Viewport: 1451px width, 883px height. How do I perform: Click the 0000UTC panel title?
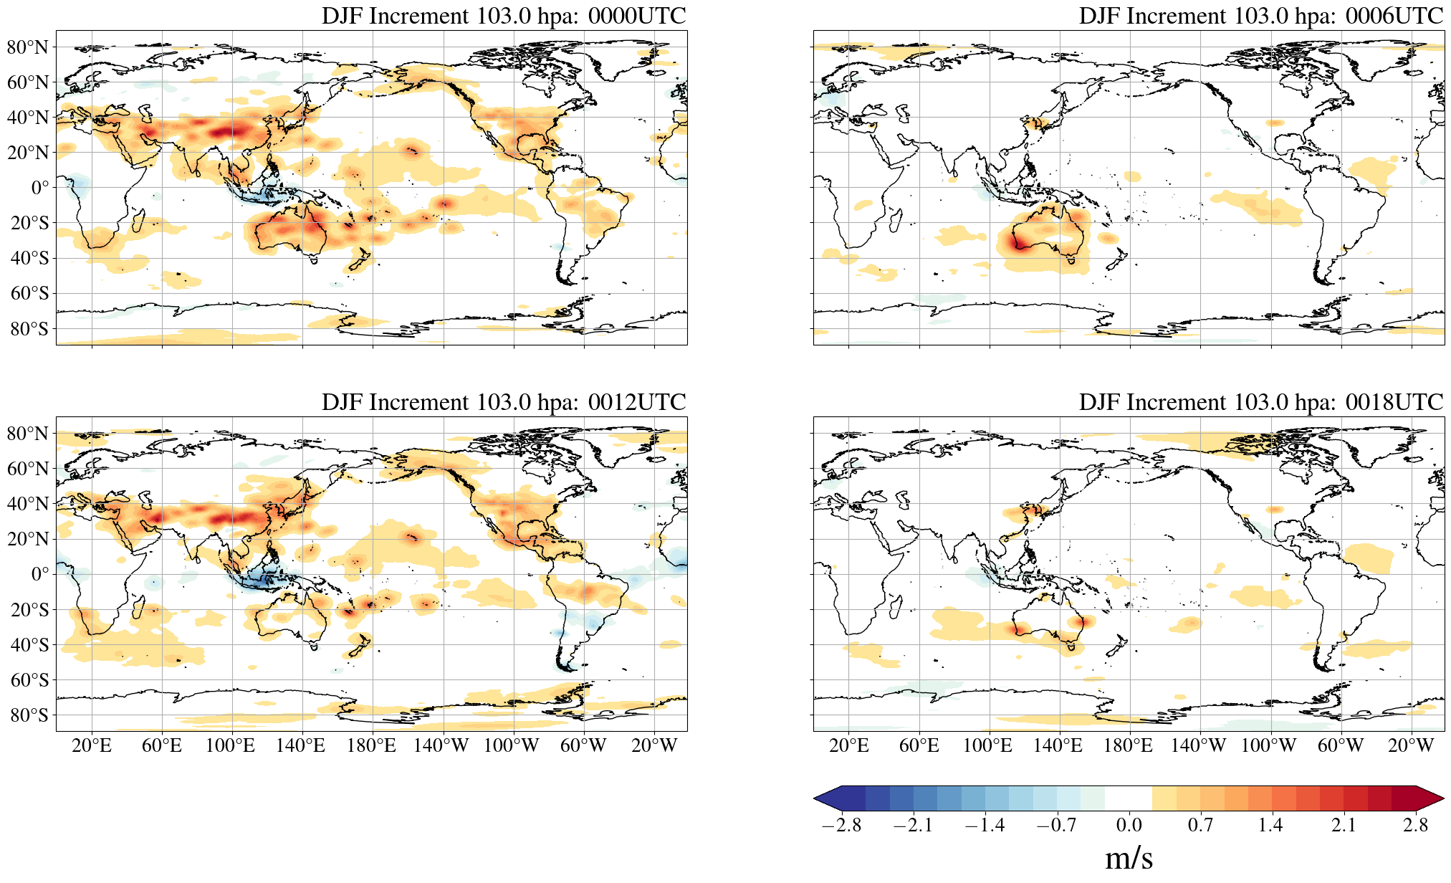click(x=504, y=16)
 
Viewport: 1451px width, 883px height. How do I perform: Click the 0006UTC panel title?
click(x=1260, y=16)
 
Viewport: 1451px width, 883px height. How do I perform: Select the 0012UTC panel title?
click(x=504, y=402)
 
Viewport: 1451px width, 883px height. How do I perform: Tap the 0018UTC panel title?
click(x=1260, y=402)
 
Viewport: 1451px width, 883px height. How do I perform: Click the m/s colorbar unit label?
click(x=1129, y=858)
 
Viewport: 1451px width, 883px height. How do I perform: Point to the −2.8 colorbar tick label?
click(x=841, y=825)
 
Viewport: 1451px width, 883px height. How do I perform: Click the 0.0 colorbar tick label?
click(x=1129, y=825)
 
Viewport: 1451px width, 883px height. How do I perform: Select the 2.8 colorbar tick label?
click(x=1415, y=825)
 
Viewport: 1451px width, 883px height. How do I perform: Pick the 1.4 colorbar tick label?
click(x=1270, y=825)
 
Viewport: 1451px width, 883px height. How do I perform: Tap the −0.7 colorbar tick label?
click(x=1056, y=825)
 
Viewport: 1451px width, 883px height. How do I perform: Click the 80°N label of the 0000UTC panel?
click(x=28, y=47)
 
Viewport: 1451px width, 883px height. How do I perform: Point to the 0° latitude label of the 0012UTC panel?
click(x=40, y=574)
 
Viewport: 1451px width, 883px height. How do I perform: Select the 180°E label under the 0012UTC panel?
click(x=371, y=746)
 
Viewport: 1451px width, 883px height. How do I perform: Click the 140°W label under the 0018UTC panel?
click(x=1198, y=746)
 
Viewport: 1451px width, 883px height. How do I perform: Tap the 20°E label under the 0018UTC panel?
click(x=849, y=746)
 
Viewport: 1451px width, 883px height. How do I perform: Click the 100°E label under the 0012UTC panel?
click(x=230, y=746)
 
